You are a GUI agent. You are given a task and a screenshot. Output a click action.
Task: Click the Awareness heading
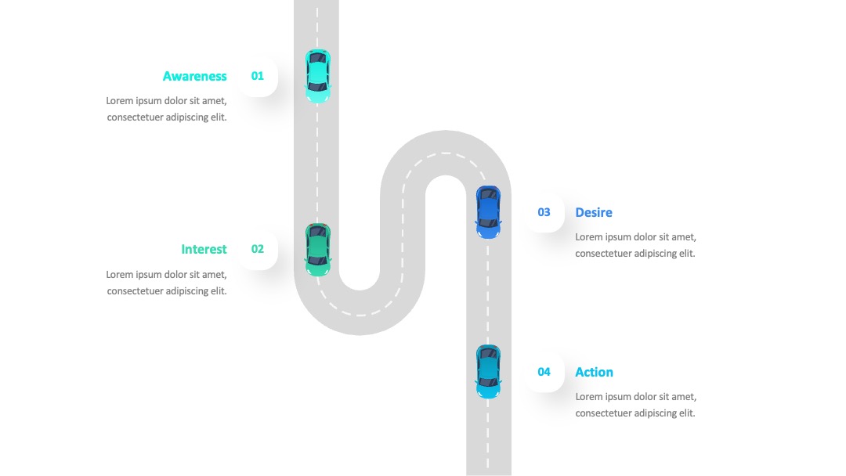pyautogui.click(x=195, y=77)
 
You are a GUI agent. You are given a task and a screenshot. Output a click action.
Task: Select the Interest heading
pyautogui.click(x=204, y=249)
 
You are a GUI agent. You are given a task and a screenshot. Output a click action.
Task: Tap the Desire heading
pyautogui.click(x=594, y=212)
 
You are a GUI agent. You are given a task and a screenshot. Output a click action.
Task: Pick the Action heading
pyautogui.click(x=594, y=372)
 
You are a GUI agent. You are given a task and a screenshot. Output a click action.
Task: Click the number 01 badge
pyautogui.click(x=258, y=76)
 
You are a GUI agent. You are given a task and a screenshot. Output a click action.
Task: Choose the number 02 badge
pyautogui.click(x=258, y=249)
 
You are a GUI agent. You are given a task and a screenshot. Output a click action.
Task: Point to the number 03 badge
pyautogui.click(x=544, y=212)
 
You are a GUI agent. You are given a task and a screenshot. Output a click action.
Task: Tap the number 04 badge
pyautogui.click(x=544, y=372)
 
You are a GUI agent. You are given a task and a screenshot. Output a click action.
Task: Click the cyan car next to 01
pyautogui.click(x=318, y=76)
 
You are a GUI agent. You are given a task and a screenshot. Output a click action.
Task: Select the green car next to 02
pyautogui.click(x=318, y=250)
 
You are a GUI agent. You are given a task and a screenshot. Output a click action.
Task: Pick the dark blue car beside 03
pyautogui.click(x=488, y=212)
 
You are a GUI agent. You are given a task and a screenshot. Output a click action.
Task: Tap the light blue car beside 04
pyautogui.click(x=488, y=372)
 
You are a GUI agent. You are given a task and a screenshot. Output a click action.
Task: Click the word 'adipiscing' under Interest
pyautogui.click(x=186, y=291)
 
